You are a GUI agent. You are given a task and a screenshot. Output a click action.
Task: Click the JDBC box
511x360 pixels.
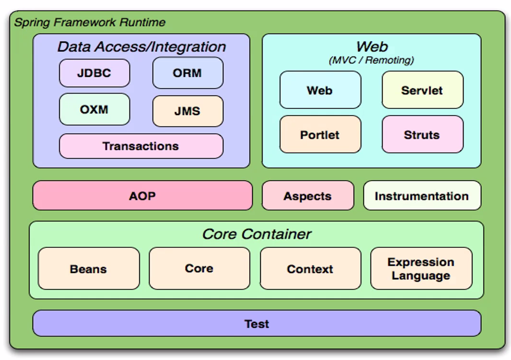coord(94,73)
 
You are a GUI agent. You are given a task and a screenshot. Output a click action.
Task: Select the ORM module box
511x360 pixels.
coord(187,73)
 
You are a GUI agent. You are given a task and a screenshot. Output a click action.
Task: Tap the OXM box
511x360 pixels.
coord(94,109)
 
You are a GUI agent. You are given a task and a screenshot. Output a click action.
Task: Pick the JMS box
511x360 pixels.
coord(187,111)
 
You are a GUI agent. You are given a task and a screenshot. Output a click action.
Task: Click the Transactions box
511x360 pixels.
coord(141,146)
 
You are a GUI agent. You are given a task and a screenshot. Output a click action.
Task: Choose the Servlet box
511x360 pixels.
coord(422,90)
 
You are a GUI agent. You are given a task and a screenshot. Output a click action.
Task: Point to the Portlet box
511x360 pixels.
coord(320,135)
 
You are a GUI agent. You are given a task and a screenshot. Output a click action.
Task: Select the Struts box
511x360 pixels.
coord(422,135)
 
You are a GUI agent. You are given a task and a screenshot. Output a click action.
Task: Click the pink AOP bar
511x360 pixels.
coord(142,196)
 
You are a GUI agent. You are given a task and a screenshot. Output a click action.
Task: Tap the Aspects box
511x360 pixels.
coord(308,196)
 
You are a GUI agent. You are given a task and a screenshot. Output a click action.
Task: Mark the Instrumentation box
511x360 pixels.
coord(422,196)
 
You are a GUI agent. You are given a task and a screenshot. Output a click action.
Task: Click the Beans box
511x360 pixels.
coord(89,268)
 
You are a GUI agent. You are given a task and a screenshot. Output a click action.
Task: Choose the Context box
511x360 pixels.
coord(310,268)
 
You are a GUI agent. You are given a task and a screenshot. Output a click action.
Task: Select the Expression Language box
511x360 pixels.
coord(421,268)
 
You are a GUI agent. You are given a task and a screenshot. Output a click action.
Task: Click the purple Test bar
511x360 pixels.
coord(256,324)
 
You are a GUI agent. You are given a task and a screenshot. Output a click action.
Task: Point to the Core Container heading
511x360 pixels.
coord(256,234)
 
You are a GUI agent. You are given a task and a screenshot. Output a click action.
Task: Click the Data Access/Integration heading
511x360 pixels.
coord(141,47)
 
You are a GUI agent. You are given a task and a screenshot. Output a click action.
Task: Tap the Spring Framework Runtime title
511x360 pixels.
coord(90,23)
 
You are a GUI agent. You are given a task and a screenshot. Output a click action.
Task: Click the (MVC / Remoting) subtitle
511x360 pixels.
coord(372,60)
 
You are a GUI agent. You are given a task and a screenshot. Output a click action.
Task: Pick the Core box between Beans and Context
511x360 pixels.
coord(199,268)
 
